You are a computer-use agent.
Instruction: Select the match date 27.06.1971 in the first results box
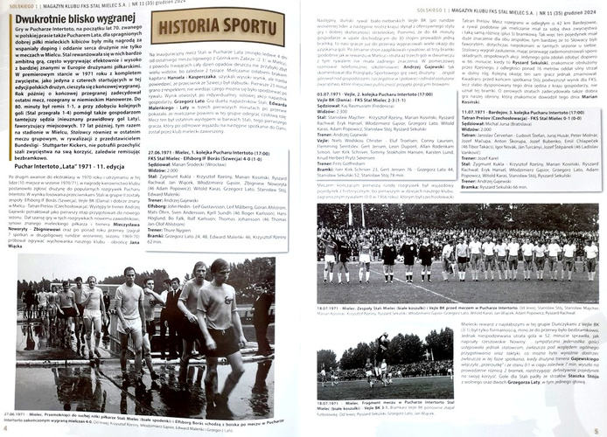pos(167,151)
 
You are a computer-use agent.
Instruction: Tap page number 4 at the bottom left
pos(5,428)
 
